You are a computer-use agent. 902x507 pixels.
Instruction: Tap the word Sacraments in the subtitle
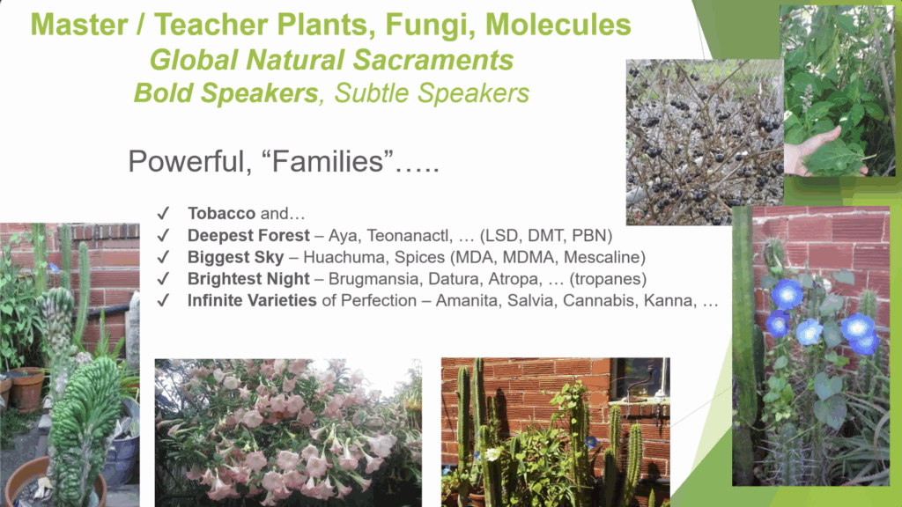(x=433, y=60)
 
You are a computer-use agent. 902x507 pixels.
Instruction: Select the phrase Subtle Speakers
(x=432, y=93)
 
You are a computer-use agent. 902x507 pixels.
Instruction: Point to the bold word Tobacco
(x=221, y=213)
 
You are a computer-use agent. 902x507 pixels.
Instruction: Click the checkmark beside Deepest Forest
(x=163, y=235)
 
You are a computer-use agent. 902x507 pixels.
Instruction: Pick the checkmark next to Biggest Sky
(x=163, y=257)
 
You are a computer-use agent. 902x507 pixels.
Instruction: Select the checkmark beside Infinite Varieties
(x=163, y=300)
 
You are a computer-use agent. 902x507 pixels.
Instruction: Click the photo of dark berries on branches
(x=705, y=142)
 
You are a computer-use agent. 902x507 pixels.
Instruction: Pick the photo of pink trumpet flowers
(x=288, y=433)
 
